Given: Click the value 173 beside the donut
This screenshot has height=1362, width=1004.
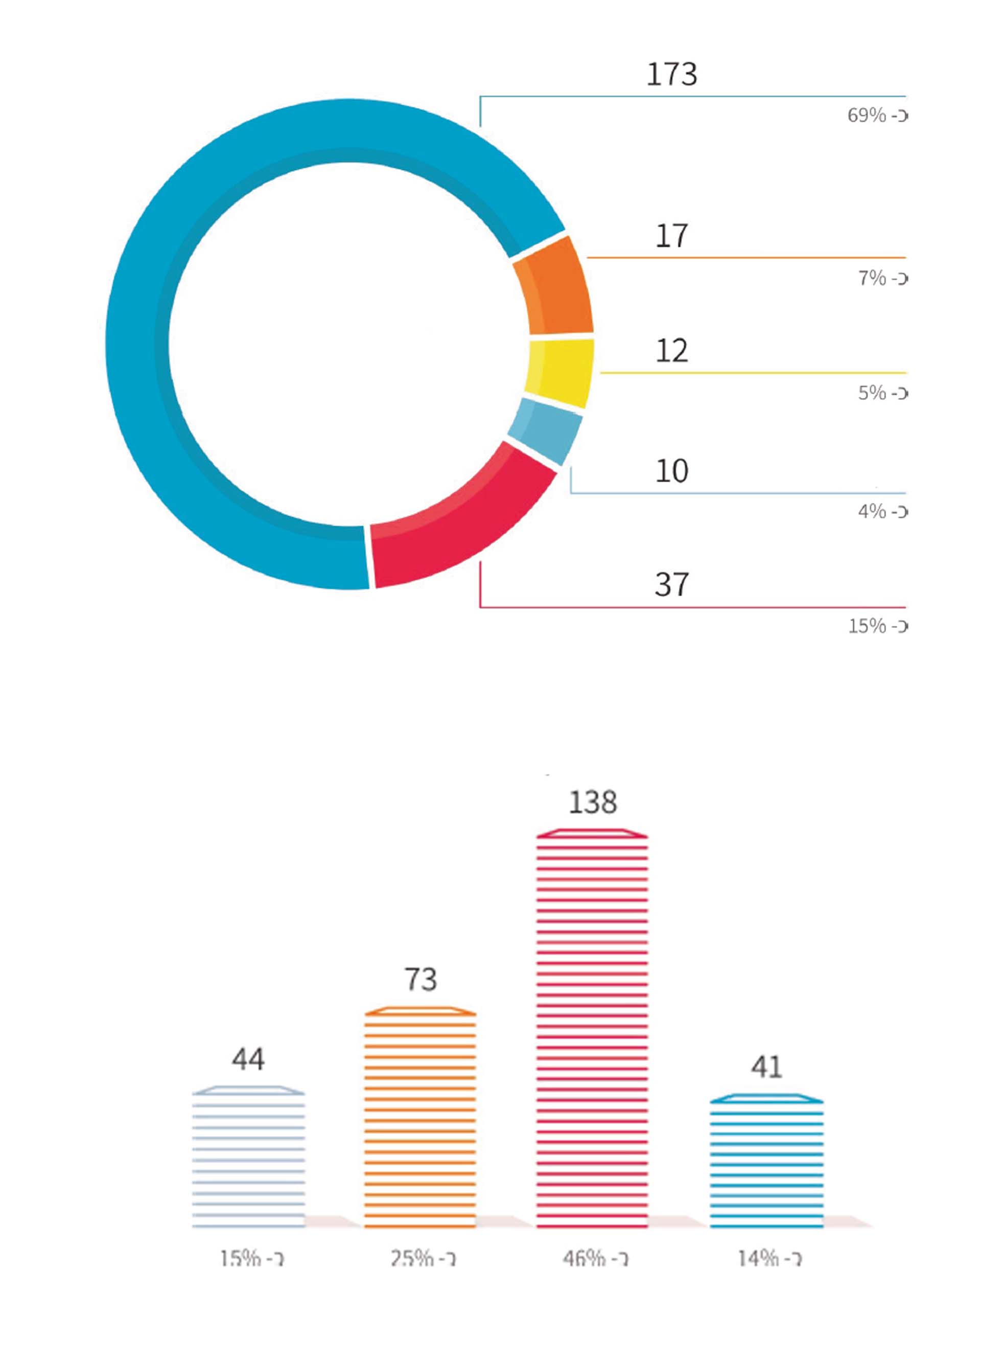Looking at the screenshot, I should [671, 75].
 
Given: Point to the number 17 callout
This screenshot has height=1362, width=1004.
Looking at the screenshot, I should [671, 236].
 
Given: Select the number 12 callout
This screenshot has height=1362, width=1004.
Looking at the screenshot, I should [671, 351].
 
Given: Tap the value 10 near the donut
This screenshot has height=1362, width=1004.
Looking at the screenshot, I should [671, 471].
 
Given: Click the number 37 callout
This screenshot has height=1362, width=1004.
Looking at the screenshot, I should [671, 584].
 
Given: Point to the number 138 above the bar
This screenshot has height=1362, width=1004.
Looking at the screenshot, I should [593, 803].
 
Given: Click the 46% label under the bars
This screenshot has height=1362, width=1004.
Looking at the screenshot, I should [595, 1258].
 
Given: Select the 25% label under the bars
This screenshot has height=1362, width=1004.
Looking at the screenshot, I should [423, 1258].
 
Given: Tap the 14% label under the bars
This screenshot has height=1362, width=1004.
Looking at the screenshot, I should [769, 1258].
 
